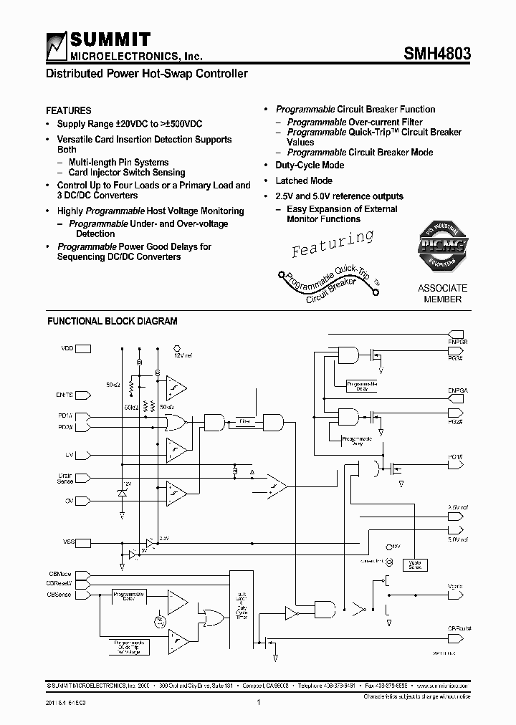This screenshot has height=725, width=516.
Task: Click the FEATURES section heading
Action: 69,111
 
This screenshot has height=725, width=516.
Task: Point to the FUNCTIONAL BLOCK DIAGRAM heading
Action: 113,322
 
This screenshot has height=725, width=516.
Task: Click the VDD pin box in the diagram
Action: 83,349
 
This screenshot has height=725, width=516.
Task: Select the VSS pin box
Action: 82,542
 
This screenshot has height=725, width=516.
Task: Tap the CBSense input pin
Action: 82,595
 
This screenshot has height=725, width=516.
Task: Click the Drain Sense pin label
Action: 64,477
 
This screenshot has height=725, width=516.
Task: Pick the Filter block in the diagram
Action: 245,421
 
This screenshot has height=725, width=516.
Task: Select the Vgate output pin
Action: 455,587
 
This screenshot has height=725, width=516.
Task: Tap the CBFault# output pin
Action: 454,628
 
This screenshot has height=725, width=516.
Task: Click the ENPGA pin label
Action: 458,390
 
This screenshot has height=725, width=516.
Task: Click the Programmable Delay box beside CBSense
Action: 128,596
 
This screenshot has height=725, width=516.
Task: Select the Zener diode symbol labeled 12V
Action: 123,494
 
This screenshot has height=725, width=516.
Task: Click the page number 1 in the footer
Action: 257,703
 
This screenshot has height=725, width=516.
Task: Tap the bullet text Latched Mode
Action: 304,181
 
